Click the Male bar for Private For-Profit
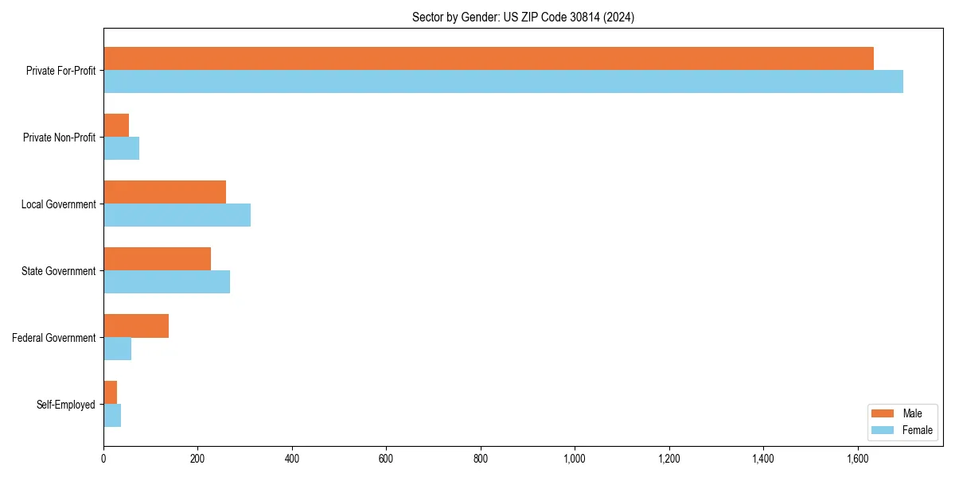pos(489,59)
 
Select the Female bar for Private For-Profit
pos(503,81)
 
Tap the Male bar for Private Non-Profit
pos(116,126)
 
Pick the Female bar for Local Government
pos(177,215)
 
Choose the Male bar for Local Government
pos(165,192)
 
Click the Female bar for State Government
pos(166,281)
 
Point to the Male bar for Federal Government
pos(136,326)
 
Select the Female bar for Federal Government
pos(117,348)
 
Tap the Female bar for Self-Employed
pos(112,415)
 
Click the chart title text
pos(523,17)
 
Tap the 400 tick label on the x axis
pos(292,459)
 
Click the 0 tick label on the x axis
pos(103,459)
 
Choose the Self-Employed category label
pos(66,405)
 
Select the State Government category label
pos(59,271)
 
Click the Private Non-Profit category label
pos(59,138)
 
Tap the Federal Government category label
pos(54,338)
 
